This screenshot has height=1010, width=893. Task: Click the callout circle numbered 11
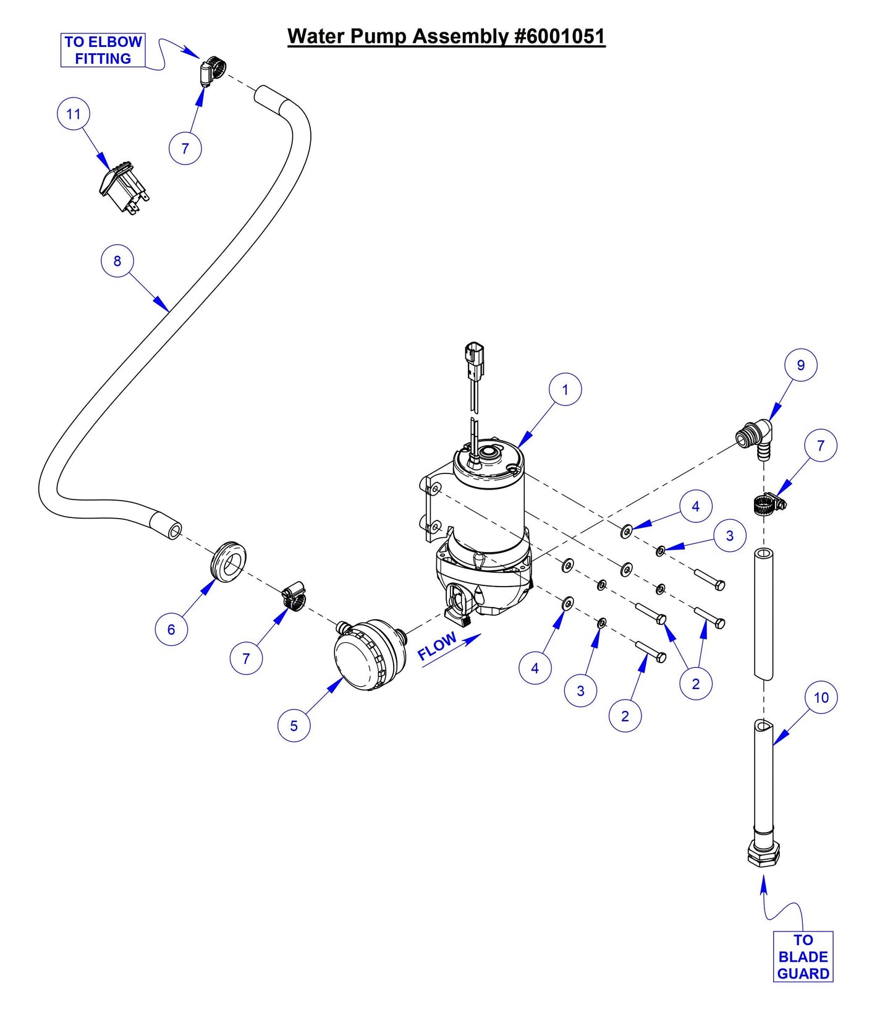74,114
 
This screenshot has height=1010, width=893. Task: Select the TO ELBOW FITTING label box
103,50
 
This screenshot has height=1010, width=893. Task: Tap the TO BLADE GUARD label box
803,956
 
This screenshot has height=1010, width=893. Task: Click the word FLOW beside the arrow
437,646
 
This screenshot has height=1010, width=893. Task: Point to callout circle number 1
565,389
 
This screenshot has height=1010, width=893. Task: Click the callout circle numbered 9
800,365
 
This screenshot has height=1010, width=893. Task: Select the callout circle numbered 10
821,697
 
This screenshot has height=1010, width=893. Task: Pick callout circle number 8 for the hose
117,261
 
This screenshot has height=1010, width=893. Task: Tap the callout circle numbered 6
171,629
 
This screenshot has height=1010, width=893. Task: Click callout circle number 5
294,725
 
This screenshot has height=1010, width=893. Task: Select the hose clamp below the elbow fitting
768,504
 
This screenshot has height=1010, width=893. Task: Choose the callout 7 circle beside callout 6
246,658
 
